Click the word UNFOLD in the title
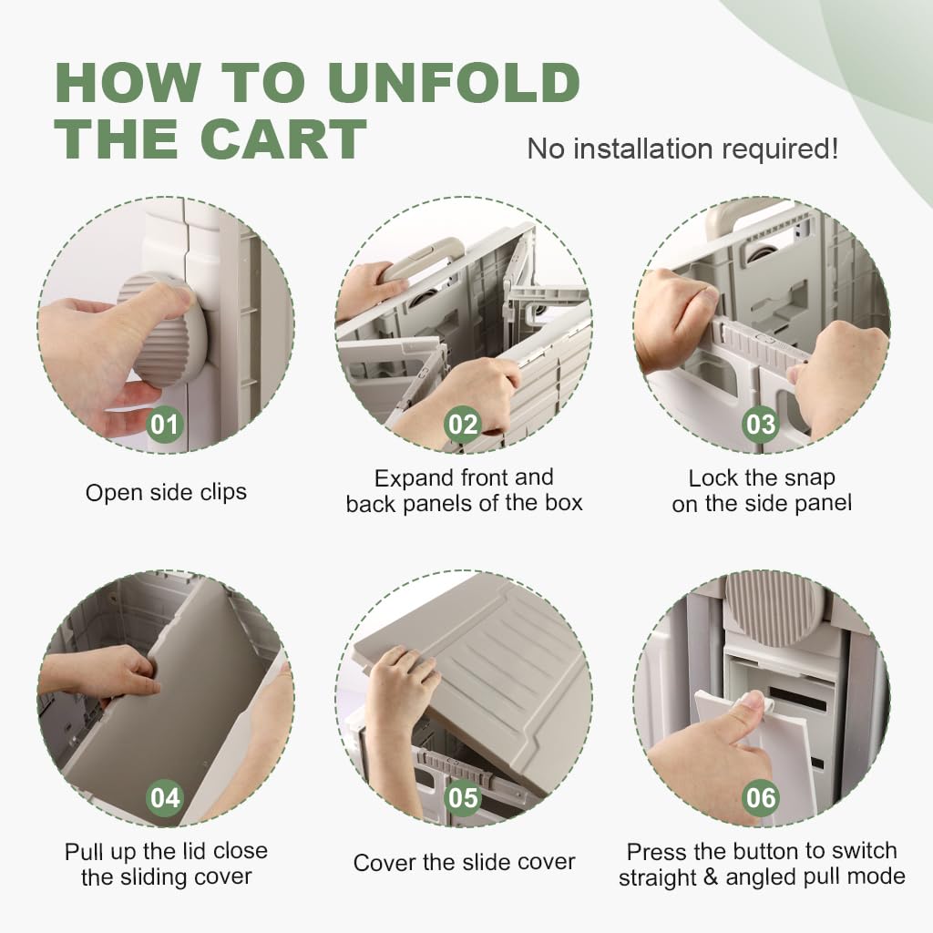454,82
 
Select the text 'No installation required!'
682,149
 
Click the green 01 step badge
165,425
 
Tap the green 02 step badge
462,425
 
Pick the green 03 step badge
761,425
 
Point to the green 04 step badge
165,798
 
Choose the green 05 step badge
462,798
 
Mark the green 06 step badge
761,798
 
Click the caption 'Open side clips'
166,493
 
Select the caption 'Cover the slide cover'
464,862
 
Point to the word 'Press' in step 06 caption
654,852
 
